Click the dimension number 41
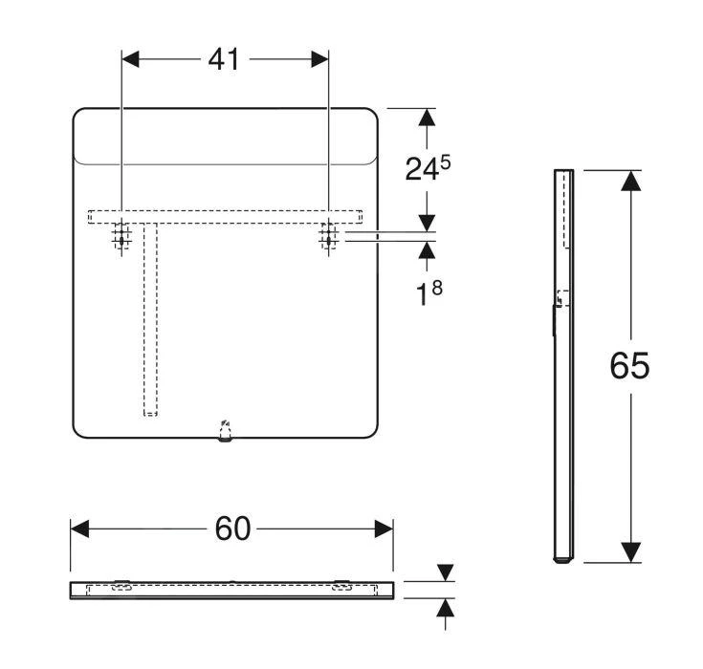point(224,59)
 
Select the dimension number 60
point(232,529)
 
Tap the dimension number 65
point(629,366)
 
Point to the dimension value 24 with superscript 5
point(428,168)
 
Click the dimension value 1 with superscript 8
point(429,293)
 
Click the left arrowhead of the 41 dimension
point(130,59)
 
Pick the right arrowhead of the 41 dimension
point(320,59)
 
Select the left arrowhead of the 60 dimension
point(79,529)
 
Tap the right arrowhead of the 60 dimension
point(384,529)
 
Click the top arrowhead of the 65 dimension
point(631,181)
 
